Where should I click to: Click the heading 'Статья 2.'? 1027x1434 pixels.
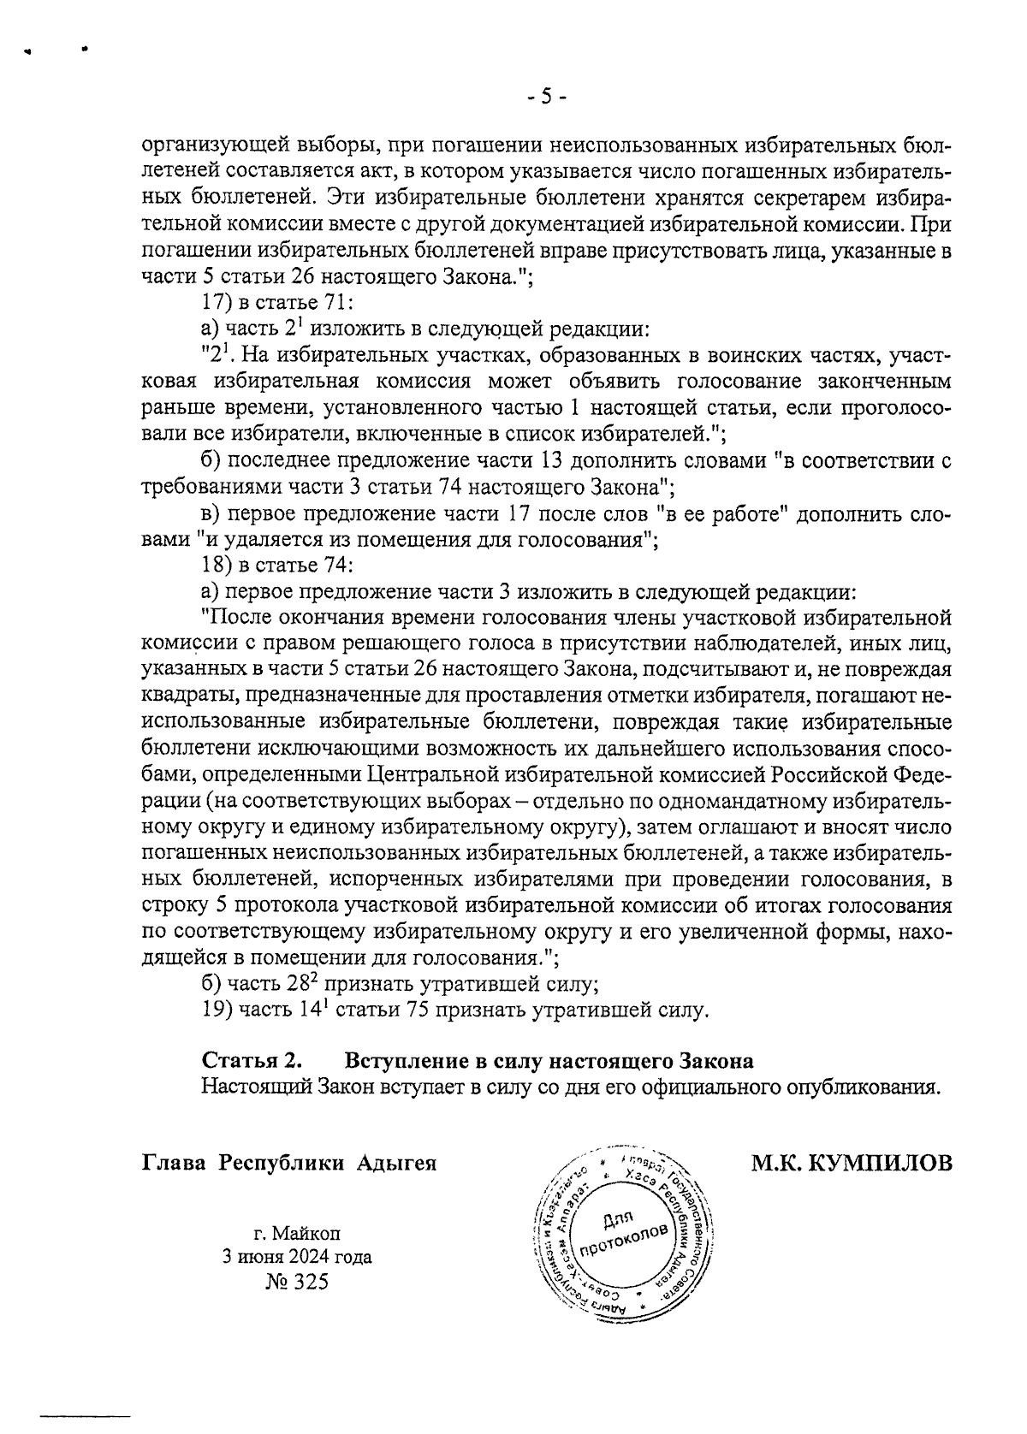pos(252,1061)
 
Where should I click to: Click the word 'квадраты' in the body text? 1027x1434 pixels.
pos(180,697)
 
